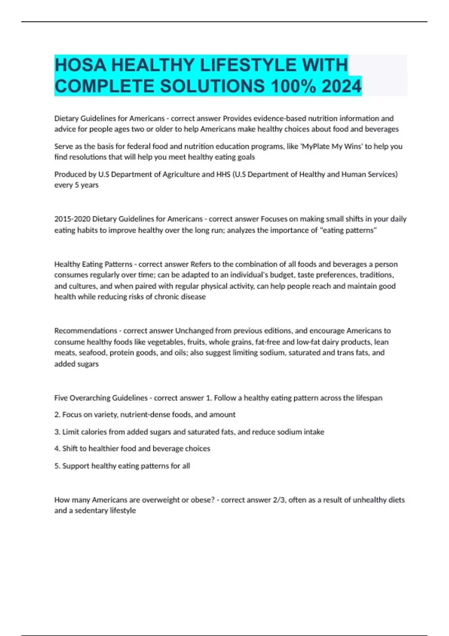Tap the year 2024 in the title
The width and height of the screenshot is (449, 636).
pos(341,86)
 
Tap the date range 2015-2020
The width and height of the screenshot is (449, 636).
pos(72,219)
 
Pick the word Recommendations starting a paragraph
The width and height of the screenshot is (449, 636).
pos(86,331)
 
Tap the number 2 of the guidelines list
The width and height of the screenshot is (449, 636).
pos(57,415)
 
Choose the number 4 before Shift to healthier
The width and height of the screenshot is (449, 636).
pos(57,449)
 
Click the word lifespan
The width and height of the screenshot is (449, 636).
pos(369,398)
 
